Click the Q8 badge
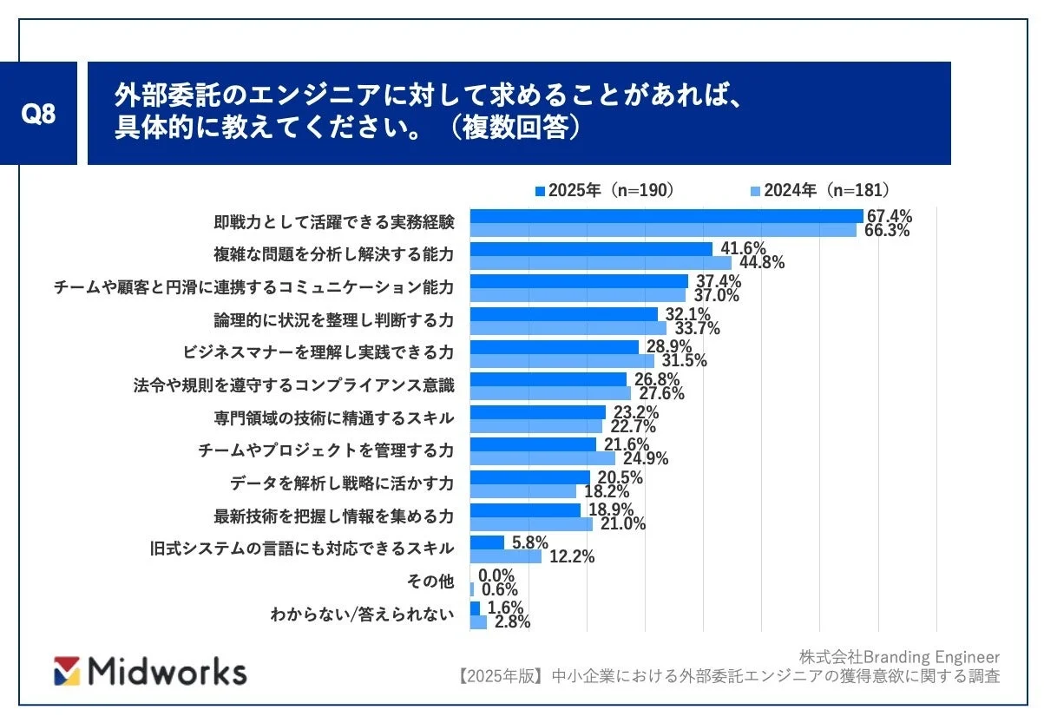click(38, 114)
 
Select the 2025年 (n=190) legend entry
click(604, 191)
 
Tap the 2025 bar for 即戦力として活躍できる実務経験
click(666, 216)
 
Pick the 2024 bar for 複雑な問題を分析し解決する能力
click(601, 263)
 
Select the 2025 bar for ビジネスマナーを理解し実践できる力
click(555, 347)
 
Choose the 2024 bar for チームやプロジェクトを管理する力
click(542, 458)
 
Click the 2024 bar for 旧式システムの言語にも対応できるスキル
click(505, 556)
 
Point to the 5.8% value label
click(529, 542)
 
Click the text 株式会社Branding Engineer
click(899, 656)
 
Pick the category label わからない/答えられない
click(362, 615)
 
